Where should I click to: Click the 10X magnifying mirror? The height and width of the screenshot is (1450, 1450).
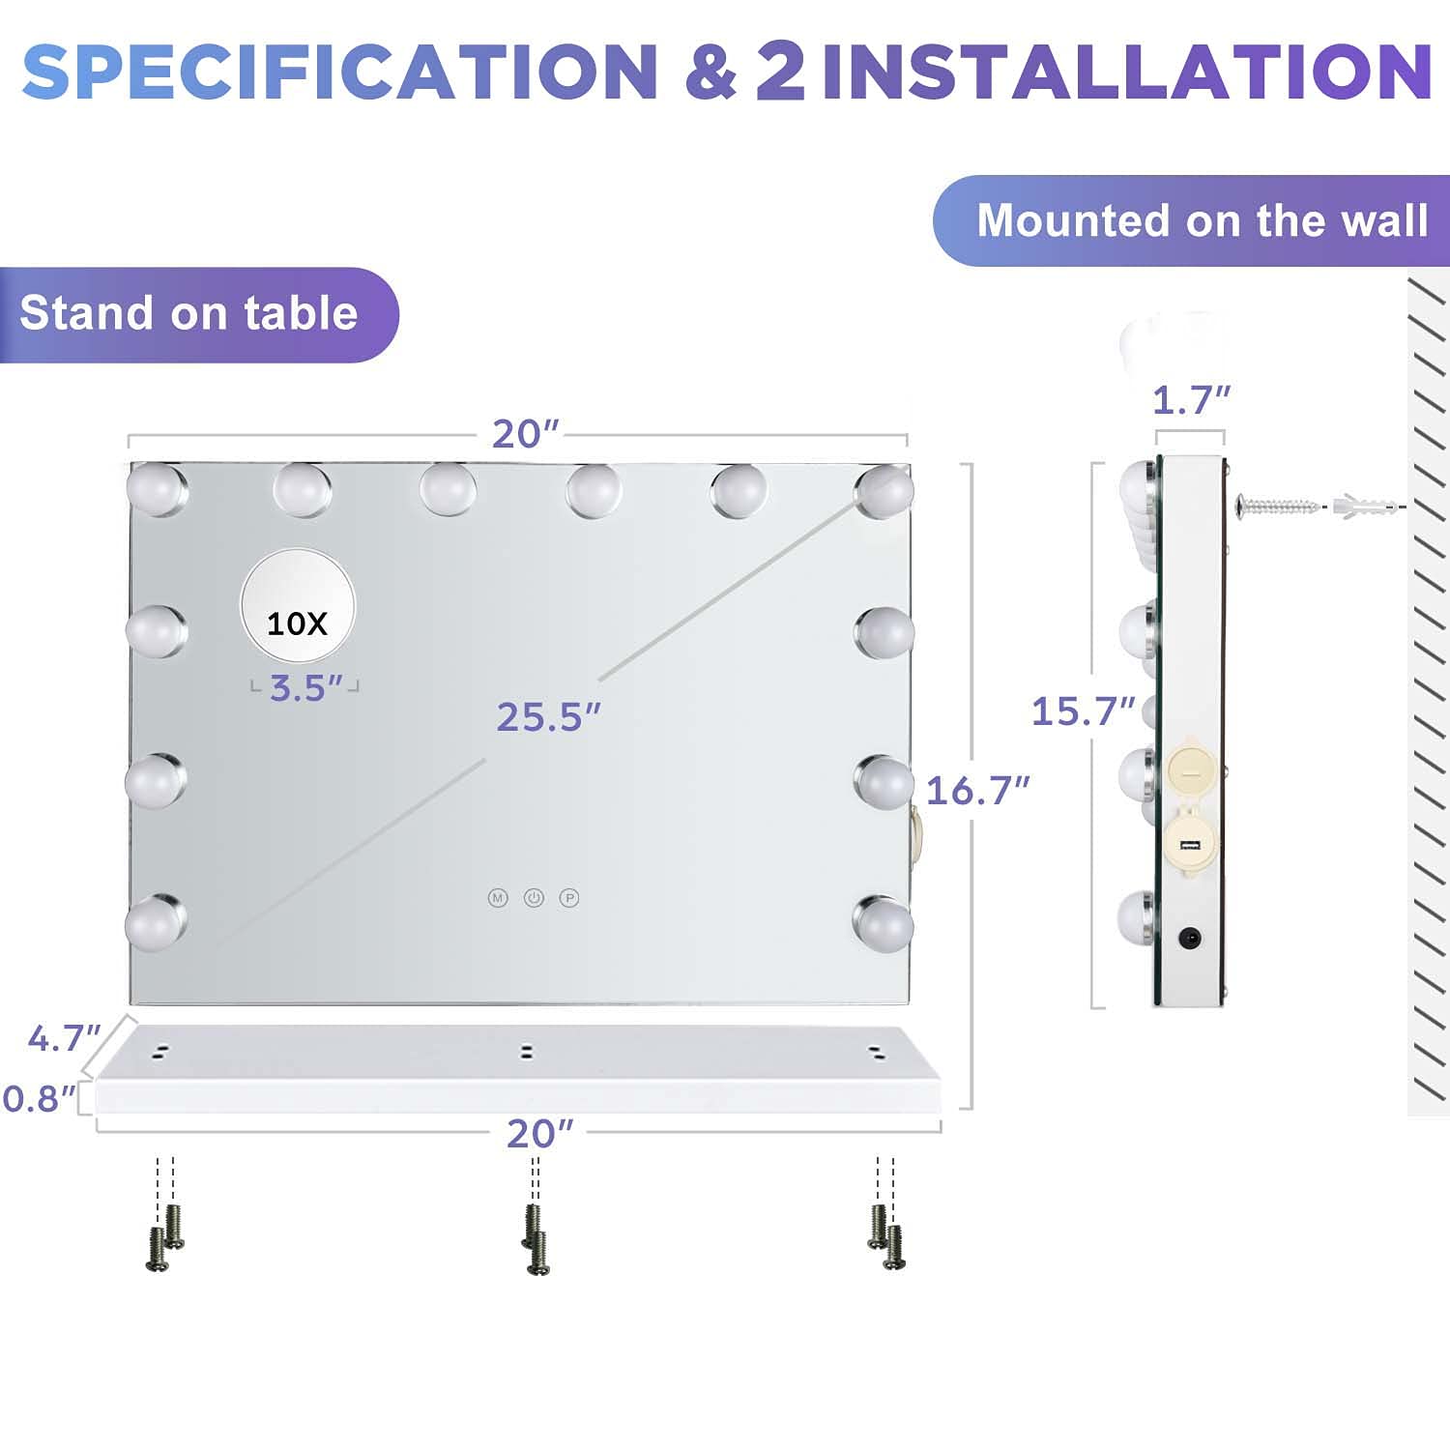(x=298, y=608)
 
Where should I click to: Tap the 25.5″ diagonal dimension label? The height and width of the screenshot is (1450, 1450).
(x=548, y=717)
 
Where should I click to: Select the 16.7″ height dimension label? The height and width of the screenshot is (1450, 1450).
(x=977, y=791)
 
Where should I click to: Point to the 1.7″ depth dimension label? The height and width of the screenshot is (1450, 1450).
(x=1192, y=399)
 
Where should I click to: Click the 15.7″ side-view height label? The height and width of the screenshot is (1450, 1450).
(x=1084, y=711)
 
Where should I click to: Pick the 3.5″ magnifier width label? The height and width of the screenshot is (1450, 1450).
(x=306, y=688)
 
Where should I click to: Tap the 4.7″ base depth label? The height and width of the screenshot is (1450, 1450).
(x=64, y=1038)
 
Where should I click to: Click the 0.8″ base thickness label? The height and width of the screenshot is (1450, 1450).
(x=39, y=1099)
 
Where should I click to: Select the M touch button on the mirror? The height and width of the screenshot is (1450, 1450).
(x=498, y=898)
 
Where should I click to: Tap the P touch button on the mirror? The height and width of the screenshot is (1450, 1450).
(x=569, y=898)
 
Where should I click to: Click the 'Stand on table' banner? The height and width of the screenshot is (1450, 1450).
(x=199, y=315)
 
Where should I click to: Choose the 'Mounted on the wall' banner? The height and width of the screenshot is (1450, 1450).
(x=1192, y=220)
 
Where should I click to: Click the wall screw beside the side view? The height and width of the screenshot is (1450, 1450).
(x=1277, y=505)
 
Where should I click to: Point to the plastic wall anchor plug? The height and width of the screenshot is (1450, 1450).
(x=1365, y=505)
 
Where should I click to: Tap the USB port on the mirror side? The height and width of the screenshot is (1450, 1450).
(x=1190, y=848)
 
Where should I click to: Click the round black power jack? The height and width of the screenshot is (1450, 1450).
(x=1190, y=938)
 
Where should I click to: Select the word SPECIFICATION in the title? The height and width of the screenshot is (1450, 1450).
(x=340, y=71)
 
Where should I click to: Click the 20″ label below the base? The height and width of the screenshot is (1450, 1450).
(x=539, y=1134)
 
